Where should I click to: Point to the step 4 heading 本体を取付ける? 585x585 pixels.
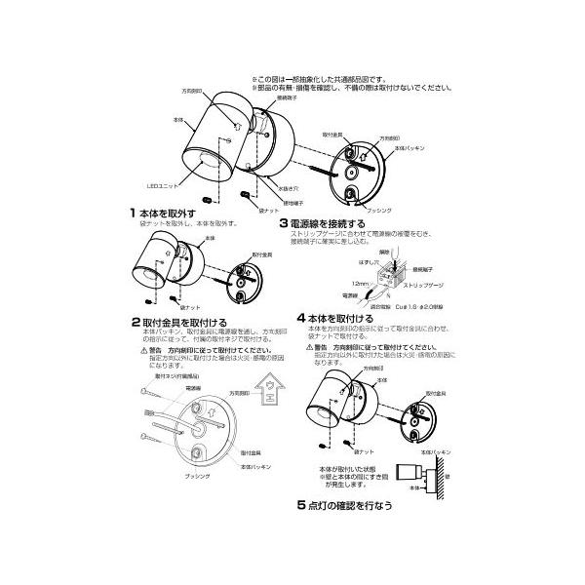pos(343,318)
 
